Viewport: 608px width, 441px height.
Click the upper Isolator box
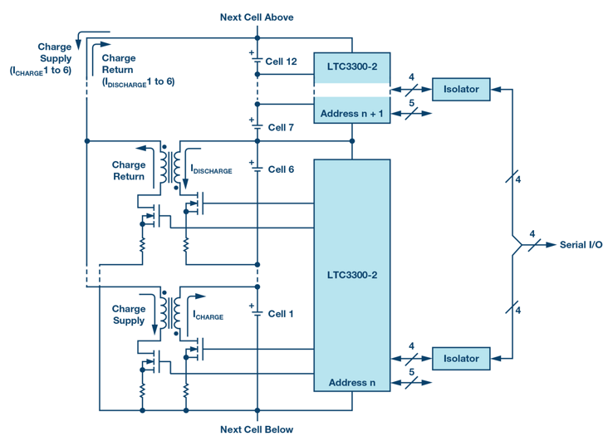pos(461,88)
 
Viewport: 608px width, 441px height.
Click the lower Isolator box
pos(461,359)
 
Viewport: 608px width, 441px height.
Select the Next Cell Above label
pos(257,17)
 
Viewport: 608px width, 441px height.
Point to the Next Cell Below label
pos(257,429)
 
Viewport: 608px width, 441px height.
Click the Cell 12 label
pos(281,61)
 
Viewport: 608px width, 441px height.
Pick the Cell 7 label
pos(281,128)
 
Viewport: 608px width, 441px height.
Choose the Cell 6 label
pos(281,169)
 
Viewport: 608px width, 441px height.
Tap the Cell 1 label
pos(281,314)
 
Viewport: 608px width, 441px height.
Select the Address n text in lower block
pos(351,383)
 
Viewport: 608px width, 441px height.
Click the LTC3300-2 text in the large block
pos(351,274)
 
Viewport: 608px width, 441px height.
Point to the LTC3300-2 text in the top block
pos(351,64)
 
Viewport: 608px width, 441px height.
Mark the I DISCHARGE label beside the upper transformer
pos(212,169)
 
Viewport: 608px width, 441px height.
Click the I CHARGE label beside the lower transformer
pos(208,316)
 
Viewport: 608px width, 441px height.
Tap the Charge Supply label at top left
pos(54,53)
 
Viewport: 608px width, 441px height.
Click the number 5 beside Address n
pos(412,373)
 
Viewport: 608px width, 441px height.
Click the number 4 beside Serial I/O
pos(532,234)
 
